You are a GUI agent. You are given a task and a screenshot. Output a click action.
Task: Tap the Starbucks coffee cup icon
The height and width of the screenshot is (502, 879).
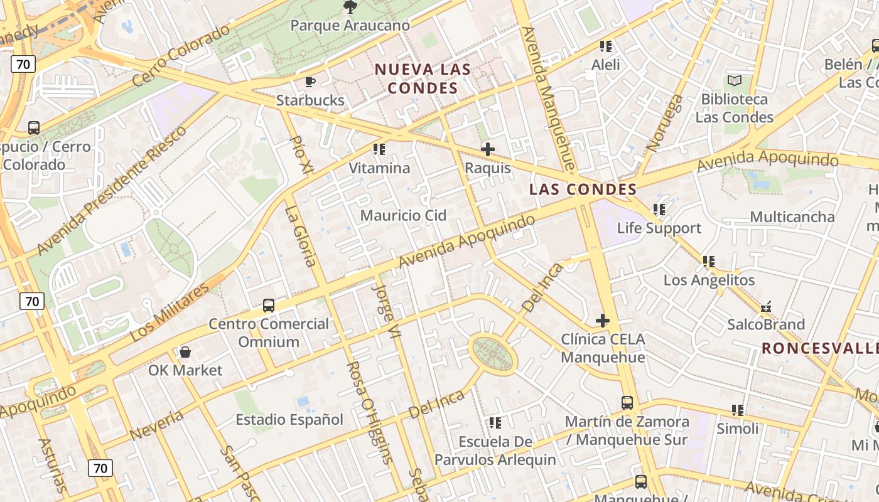tap(310, 82)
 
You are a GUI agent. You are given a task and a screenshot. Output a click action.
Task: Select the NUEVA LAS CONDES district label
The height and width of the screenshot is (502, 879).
tap(423, 78)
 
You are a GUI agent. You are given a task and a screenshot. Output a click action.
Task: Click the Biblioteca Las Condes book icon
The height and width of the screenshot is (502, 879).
tap(734, 80)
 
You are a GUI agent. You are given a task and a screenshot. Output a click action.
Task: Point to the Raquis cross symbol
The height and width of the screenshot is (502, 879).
tap(487, 149)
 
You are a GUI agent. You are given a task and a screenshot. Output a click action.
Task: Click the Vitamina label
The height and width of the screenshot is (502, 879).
tap(379, 168)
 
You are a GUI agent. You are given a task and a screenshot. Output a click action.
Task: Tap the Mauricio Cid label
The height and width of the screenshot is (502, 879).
tap(403, 215)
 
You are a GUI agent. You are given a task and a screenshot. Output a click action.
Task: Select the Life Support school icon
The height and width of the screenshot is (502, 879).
tap(659, 209)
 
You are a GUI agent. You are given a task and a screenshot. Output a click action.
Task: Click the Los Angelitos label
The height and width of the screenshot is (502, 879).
tap(709, 280)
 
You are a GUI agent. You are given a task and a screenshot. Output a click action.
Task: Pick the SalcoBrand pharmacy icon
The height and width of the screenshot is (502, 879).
tap(765, 307)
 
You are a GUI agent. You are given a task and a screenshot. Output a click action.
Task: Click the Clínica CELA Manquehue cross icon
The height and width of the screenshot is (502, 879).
tap(602, 321)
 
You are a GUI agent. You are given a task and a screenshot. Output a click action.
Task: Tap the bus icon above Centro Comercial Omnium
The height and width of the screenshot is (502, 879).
tap(268, 306)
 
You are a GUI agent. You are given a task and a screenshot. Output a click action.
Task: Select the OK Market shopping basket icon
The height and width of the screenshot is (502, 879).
tap(185, 352)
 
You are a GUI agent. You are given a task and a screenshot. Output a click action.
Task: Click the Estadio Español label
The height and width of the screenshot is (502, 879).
tap(289, 419)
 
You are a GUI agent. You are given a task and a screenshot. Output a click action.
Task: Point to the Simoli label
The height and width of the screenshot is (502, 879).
tap(738, 429)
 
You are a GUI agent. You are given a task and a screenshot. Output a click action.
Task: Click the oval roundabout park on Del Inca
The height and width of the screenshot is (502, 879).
tap(493, 353)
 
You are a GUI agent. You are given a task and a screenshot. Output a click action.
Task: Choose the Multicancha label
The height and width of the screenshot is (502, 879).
tap(792, 217)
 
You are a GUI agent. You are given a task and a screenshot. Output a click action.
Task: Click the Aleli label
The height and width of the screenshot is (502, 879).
tap(605, 65)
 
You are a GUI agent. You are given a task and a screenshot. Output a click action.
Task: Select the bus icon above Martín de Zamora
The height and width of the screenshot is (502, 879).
tap(627, 402)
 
